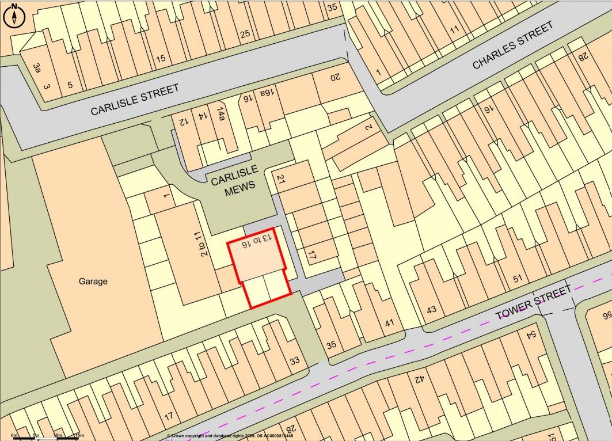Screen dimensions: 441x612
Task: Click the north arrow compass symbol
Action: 14,16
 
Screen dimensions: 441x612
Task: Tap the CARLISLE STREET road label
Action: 134,99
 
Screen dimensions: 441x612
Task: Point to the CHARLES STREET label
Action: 513,45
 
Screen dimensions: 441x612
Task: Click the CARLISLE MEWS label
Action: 233,185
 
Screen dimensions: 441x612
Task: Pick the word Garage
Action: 93,282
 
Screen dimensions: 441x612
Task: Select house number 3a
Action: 37,69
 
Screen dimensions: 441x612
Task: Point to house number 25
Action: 245,34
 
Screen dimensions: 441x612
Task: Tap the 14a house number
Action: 221,112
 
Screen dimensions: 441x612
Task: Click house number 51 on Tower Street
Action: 517,279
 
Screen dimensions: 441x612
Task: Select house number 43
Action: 431,309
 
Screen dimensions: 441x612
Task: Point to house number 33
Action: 294,361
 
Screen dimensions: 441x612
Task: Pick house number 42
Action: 419,379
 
